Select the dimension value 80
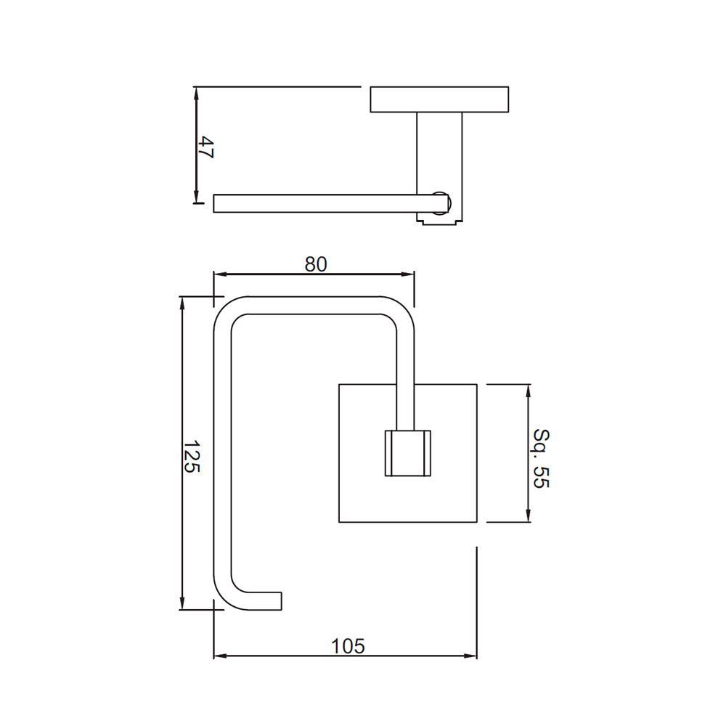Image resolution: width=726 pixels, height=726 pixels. tap(316, 264)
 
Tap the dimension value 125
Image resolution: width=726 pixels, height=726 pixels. tap(190, 457)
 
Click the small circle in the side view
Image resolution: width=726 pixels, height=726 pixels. tap(441, 203)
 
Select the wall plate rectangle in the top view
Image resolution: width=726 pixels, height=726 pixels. tap(439, 99)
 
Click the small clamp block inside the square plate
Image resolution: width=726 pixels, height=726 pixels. tap(407, 454)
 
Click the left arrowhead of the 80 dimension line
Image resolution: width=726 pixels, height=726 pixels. tap(218, 274)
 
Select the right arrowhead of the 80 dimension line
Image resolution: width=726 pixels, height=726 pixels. tap(409, 274)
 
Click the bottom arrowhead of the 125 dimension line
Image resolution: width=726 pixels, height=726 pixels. tap(182, 604)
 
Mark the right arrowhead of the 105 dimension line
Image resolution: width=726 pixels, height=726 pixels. tap(472, 656)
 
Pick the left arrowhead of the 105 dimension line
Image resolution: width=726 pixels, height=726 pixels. tap(219, 656)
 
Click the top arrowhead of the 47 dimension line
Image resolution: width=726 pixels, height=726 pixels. tap(196, 93)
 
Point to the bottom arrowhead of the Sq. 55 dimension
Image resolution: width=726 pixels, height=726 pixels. tap(528, 516)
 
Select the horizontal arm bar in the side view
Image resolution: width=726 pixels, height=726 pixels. tap(319, 203)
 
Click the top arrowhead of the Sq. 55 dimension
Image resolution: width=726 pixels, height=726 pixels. tap(528, 390)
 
